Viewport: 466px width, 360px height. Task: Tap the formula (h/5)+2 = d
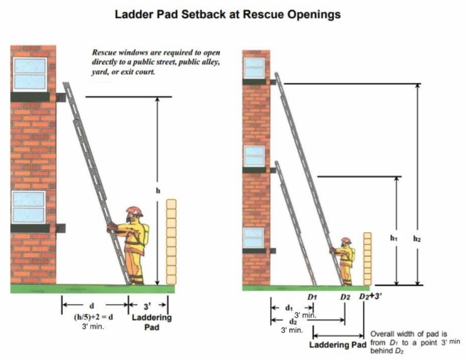[x=93, y=317]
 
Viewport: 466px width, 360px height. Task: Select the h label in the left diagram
[x=158, y=191]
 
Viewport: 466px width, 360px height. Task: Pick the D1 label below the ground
[x=312, y=297]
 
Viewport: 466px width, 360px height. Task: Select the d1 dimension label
[x=288, y=308]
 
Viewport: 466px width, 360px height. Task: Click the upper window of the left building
[x=30, y=74]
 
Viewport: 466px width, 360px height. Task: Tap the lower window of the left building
[x=29, y=207]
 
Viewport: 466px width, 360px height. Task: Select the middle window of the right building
[x=254, y=156]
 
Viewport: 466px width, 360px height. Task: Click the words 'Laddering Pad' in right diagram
[x=338, y=345]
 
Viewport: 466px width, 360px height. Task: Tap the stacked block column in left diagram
[x=171, y=241]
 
